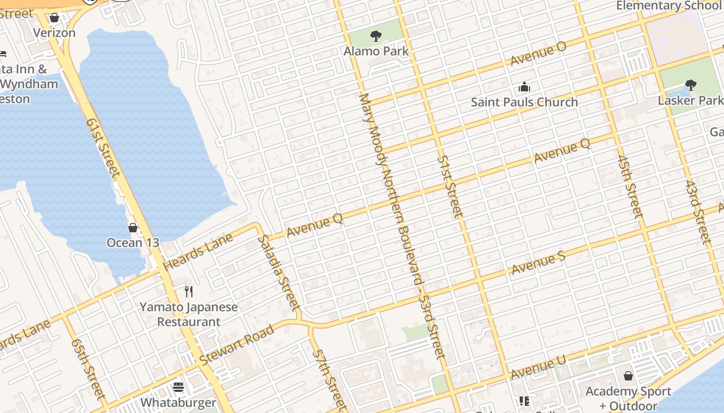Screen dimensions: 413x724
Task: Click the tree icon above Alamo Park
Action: pos(376,36)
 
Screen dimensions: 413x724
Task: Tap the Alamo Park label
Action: pos(376,51)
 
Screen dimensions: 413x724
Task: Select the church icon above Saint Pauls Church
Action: pos(524,86)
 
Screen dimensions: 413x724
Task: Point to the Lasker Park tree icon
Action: pos(690,85)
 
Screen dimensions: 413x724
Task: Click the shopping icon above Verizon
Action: pos(54,18)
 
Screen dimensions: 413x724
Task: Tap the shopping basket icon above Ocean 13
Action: pos(133,227)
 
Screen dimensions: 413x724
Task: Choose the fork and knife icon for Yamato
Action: pos(189,292)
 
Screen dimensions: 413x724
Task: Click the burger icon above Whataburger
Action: pos(178,387)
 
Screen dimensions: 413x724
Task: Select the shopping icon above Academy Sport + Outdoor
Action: pos(628,375)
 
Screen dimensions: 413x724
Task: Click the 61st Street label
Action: pos(103,148)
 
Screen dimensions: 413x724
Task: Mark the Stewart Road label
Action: pos(237,345)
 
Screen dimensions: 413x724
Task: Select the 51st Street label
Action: pos(448,186)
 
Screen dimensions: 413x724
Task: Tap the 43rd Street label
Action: pos(698,212)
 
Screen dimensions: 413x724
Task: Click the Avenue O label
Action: pos(538,54)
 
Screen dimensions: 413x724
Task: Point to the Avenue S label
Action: pos(538,263)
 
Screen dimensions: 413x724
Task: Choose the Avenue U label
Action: pos(538,367)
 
